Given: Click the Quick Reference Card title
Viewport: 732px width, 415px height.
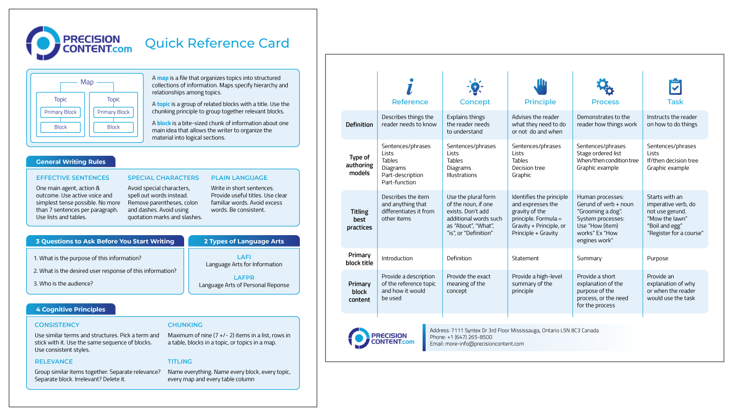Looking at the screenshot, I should pyautogui.click(x=217, y=43).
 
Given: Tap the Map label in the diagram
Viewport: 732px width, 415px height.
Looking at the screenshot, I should pyautogui.click(x=87, y=82).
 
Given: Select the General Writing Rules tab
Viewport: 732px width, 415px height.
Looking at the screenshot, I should pyautogui.click(x=71, y=162).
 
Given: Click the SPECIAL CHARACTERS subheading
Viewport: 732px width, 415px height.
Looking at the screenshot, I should pyautogui.click(x=163, y=178).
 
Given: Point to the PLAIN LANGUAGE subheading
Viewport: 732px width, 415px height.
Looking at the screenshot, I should pyautogui.click(x=239, y=178).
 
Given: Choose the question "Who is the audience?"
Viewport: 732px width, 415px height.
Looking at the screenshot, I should pyautogui.click(x=63, y=283).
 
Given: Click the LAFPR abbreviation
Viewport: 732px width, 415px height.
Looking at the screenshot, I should pyautogui.click(x=244, y=277).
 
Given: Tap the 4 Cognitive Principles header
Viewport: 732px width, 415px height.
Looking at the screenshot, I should pyautogui.click(x=71, y=309).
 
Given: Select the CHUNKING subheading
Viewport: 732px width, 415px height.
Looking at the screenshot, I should pyautogui.click(x=185, y=325).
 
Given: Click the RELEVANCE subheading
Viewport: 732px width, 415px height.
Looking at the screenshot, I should pyautogui.click(x=54, y=362).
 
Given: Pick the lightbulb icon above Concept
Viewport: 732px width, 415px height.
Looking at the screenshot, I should pyautogui.click(x=474, y=87).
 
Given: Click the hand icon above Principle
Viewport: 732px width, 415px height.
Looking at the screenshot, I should pyautogui.click(x=540, y=87).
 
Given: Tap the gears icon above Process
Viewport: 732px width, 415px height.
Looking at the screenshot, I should pyautogui.click(x=605, y=87).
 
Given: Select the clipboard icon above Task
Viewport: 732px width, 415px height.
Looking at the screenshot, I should pyautogui.click(x=675, y=87).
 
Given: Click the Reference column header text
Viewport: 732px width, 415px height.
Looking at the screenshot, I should pyautogui.click(x=410, y=102).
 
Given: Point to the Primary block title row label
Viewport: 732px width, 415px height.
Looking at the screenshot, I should pyautogui.click(x=359, y=259).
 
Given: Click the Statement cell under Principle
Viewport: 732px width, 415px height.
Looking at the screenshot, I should pyautogui.click(x=525, y=258).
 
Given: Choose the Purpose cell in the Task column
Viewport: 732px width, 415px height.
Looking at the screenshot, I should pyautogui.click(x=658, y=258).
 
